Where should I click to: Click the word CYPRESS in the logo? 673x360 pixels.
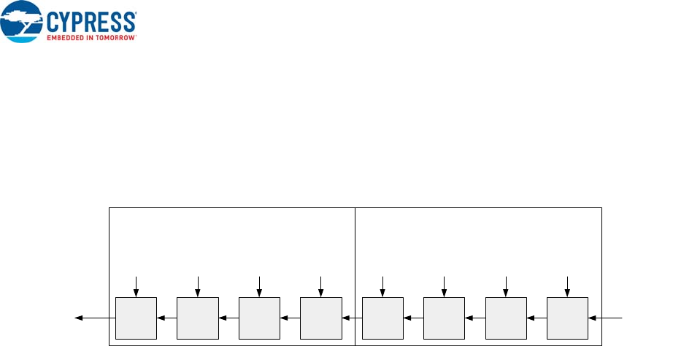point(93,20)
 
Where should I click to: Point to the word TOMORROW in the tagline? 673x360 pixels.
point(117,37)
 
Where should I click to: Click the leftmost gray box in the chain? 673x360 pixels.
point(136,318)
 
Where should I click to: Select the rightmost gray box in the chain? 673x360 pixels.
point(567,318)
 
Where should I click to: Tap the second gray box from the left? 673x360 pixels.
point(198,318)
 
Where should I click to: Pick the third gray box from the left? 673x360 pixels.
point(259,318)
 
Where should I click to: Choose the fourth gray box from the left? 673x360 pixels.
point(320,318)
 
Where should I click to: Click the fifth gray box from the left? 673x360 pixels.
point(382,318)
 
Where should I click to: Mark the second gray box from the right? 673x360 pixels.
point(506,318)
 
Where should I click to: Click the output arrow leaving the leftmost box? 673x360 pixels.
point(95,318)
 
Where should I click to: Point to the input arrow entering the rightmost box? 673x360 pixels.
point(606,318)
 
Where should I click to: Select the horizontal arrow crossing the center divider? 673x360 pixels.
point(352,318)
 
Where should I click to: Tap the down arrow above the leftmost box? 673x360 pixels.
point(136,286)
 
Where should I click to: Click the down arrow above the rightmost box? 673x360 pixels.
point(567,286)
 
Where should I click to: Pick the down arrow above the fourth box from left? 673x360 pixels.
point(320,286)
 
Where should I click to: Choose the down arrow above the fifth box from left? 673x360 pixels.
point(382,286)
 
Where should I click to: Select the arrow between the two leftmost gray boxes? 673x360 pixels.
point(167,318)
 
